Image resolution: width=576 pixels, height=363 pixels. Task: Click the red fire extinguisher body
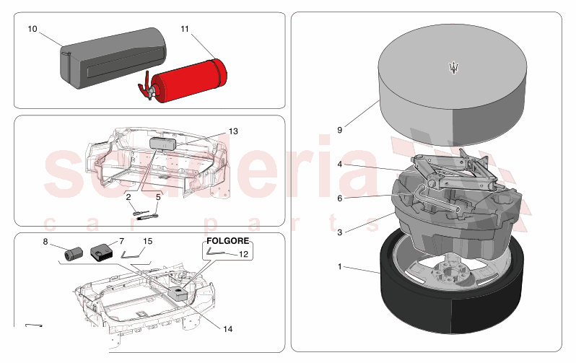(190, 80)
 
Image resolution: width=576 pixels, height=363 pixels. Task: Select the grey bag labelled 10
(113, 58)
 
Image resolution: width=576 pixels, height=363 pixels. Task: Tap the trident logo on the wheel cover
(454, 68)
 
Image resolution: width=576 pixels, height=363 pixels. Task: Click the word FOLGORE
(228, 240)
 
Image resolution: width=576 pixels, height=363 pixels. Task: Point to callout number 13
(233, 131)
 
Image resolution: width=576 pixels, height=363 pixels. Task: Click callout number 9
(339, 130)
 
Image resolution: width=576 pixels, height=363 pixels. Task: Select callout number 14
(228, 329)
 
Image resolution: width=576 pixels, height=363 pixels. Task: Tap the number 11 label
(184, 29)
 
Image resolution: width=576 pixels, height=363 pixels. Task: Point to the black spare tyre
(451, 285)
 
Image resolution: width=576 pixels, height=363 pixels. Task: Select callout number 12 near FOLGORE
(243, 254)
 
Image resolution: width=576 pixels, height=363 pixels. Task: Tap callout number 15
(147, 241)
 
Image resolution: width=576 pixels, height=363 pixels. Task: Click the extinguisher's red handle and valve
(148, 87)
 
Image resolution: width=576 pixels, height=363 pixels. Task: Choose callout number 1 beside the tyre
(339, 266)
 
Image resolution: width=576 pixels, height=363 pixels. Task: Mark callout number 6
(339, 198)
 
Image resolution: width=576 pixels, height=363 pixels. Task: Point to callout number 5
(158, 197)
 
